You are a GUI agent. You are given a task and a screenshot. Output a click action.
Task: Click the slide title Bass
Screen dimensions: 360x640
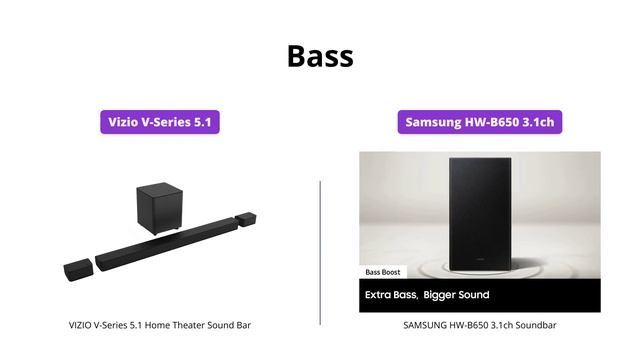pos(320,55)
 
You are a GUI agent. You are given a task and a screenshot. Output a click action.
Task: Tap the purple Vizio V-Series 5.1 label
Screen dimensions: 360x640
pos(159,123)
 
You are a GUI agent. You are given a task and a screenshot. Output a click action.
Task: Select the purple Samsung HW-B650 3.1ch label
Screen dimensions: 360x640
pos(479,123)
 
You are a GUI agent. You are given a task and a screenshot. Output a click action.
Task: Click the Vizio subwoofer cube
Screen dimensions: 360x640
pos(157,205)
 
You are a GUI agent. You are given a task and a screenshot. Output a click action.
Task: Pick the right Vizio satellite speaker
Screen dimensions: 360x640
pos(247,218)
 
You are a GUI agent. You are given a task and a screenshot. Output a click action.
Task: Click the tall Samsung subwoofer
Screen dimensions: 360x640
pos(484,213)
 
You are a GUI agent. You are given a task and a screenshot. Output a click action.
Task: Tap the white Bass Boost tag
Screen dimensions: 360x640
pos(385,272)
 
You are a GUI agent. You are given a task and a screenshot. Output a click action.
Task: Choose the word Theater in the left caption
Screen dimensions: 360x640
pos(197,325)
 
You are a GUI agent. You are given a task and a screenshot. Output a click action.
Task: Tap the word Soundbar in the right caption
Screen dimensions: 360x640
pos(535,325)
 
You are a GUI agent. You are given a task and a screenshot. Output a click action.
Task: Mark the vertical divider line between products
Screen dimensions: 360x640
pos(320,252)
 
